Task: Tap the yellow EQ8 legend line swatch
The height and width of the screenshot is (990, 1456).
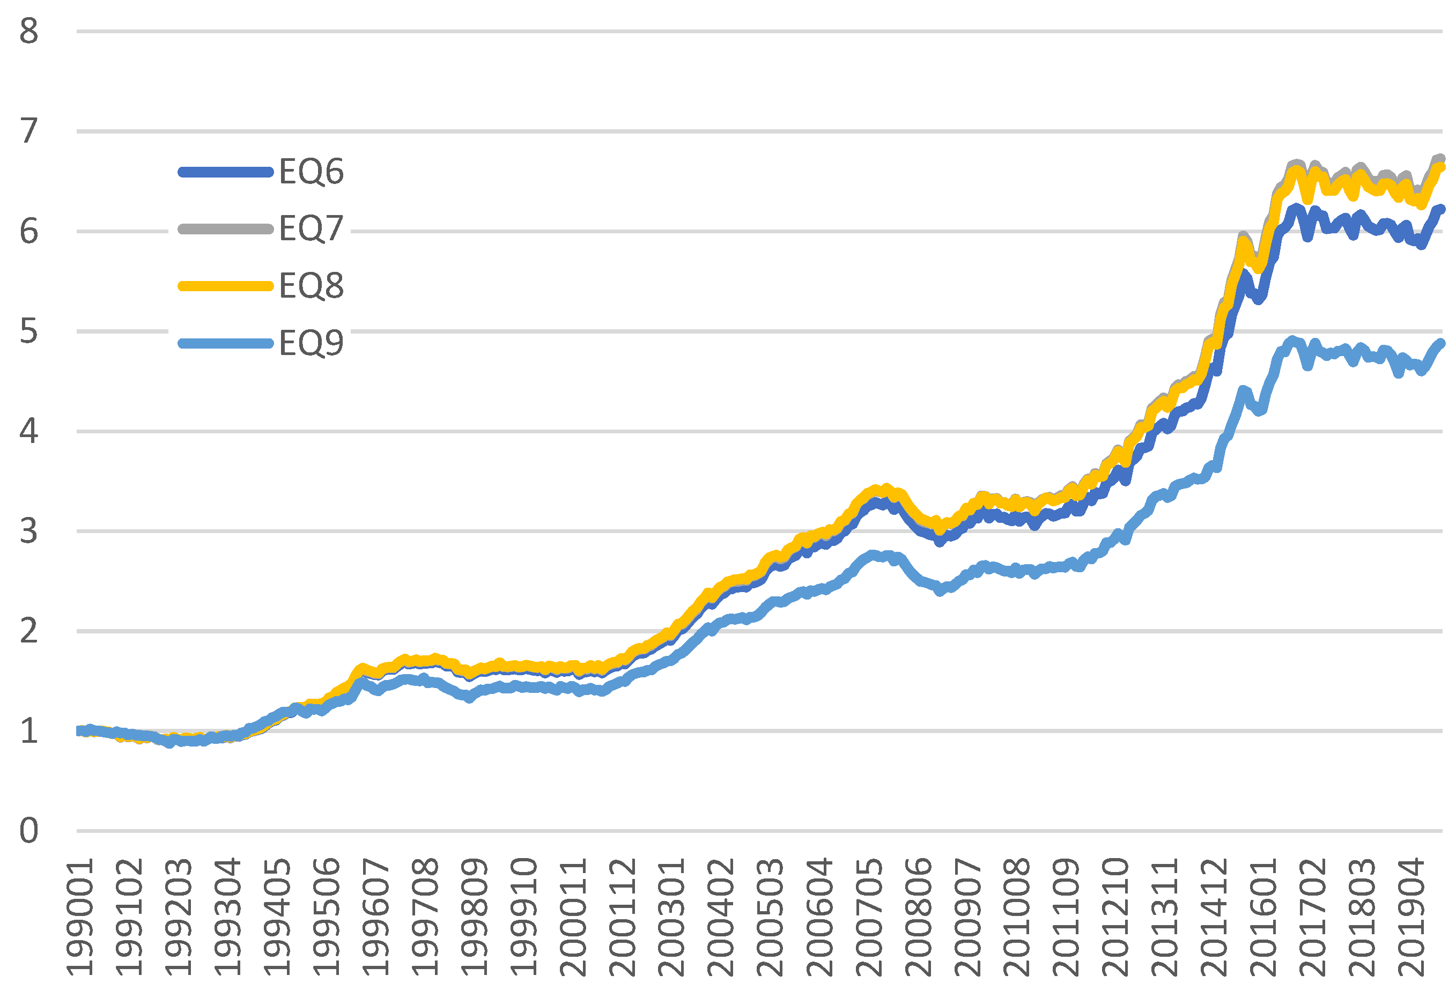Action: point(226,286)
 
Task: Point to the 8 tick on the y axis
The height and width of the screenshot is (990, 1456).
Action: point(29,31)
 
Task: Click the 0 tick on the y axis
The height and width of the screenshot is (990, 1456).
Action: point(29,831)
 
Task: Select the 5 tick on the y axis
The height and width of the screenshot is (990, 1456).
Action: point(29,331)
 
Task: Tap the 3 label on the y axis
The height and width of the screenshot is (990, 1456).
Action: point(29,531)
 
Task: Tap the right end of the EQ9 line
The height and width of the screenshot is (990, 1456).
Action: point(1440,343)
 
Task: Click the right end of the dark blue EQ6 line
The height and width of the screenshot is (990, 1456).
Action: point(1440,209)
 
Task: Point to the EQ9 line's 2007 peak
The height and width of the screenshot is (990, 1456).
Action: point(872,555)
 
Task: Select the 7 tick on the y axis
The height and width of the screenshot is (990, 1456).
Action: point(29,131)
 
